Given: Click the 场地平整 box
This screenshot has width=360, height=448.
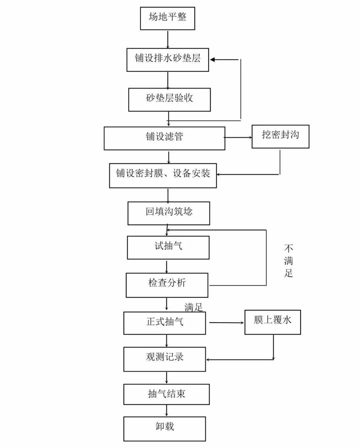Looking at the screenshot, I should point(167,18).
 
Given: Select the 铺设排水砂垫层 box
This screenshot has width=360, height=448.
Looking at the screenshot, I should point(168,60).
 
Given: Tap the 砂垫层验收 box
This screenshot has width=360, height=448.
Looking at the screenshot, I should point(169,100).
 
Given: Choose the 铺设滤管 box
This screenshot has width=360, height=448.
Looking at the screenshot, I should point(164,138).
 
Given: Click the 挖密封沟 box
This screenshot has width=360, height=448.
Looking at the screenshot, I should point(280,136).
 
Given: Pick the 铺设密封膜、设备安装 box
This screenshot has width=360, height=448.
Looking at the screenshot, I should point(163,175).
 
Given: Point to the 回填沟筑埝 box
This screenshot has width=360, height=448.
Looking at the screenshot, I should point(169,213).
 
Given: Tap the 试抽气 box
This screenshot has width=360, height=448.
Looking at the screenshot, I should point(168,247).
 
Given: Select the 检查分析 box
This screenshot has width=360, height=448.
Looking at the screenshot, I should point(167,285).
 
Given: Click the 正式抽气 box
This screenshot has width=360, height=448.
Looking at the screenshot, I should point(165,323).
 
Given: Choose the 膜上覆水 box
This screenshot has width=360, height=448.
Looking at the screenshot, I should point(273,322).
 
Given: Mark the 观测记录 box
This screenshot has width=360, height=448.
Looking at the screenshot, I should point(165,359).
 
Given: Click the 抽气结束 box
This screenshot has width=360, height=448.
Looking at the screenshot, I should point(166,394).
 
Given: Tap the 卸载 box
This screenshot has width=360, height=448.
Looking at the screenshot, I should point(165,429).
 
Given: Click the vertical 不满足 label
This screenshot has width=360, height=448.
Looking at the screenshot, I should point(289,261).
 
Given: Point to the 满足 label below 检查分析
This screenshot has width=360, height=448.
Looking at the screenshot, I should point(194,307).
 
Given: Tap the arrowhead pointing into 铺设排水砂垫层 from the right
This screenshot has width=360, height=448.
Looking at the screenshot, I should point(213,60).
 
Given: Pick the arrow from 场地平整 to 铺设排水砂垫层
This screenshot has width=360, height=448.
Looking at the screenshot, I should point(168,39).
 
